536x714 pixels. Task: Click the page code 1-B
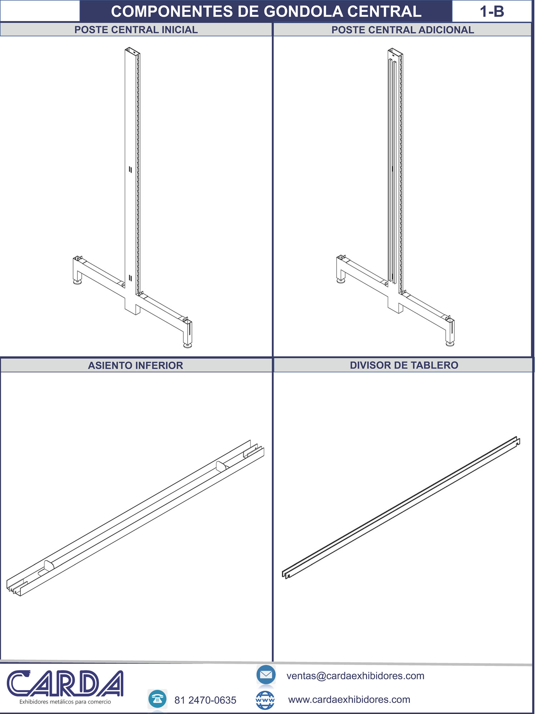(492, 12)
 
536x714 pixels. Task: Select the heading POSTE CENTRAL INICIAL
(136, 30)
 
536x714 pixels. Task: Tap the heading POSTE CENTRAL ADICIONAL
(402, 30)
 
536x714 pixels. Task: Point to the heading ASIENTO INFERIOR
(135, 365)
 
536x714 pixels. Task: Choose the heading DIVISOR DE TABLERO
(404, 365)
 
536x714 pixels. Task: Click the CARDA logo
(65, 683)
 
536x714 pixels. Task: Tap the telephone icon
(157, 699)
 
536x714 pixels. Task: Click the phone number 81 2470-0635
(205, 700)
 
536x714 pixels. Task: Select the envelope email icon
(266, 674)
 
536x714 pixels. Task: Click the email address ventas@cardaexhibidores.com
(355, 676)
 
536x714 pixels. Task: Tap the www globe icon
(265, 700)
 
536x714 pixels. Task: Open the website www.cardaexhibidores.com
(349, 699)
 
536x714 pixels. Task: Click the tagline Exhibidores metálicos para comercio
(65, 702)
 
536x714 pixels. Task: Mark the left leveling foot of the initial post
(77, 282)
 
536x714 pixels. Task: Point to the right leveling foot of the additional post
(450, 343)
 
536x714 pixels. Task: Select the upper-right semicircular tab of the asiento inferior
(220, 466)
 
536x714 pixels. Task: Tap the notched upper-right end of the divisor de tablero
(517, 441)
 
